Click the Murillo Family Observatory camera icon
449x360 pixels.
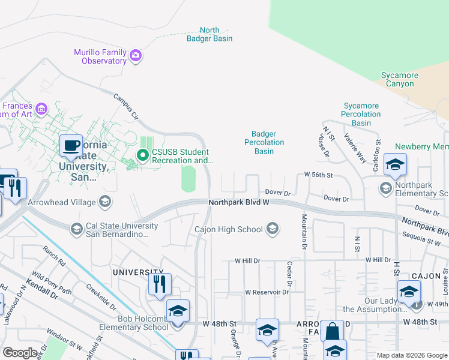click(136, 56)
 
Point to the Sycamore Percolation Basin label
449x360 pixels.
click(361, 114)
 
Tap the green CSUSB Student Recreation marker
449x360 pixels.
click(142, 156)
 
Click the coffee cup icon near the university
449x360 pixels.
click(71, 146)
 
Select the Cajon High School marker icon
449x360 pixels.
click(273, 229)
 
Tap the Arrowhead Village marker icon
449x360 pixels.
click(106, 202)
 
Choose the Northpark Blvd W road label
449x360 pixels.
click(238, 203)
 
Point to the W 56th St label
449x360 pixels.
click(318, 174)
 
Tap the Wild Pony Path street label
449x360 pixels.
click(52, 283)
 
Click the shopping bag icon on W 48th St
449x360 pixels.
click(332, 332)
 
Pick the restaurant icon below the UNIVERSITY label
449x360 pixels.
click(160, 284)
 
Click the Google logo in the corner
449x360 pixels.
click(20, 353)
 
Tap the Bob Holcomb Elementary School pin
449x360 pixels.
click(178, 311)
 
